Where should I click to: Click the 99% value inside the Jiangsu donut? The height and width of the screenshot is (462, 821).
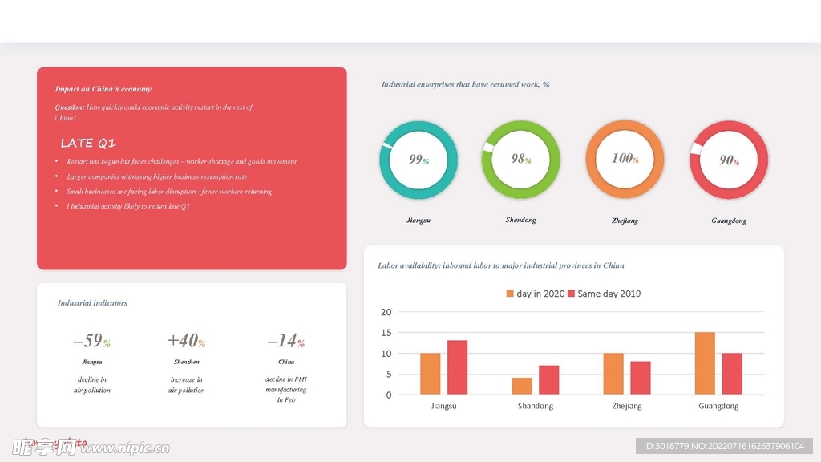point(419,160)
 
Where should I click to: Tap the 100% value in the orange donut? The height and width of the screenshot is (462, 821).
point(625,159)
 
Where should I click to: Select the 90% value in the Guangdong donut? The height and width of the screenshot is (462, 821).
point(729,160)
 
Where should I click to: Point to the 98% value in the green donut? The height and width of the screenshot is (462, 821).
point(522,159)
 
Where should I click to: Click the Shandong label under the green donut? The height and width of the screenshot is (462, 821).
point(521,220)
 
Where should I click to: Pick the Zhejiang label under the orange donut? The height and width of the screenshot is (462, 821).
point(625,221)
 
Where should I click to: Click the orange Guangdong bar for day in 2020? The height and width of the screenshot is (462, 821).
point(705,363)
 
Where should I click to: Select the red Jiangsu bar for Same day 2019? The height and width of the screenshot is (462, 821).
point(457,367)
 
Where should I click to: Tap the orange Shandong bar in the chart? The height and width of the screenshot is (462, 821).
point(522,386)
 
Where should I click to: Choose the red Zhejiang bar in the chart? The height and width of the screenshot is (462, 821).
point(641,378)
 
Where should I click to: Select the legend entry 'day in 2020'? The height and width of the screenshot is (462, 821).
point(535,294)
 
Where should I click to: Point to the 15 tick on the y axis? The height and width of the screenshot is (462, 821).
point(386,333)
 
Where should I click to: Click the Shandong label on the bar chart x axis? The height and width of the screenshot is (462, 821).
point(536,406)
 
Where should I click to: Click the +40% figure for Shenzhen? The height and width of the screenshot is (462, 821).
point(187,341)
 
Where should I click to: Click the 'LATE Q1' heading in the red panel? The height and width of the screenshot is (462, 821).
point(88,144)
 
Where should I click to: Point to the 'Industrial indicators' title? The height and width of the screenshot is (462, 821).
point(92,303)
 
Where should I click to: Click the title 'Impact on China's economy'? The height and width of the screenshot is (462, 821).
point(103,89)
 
